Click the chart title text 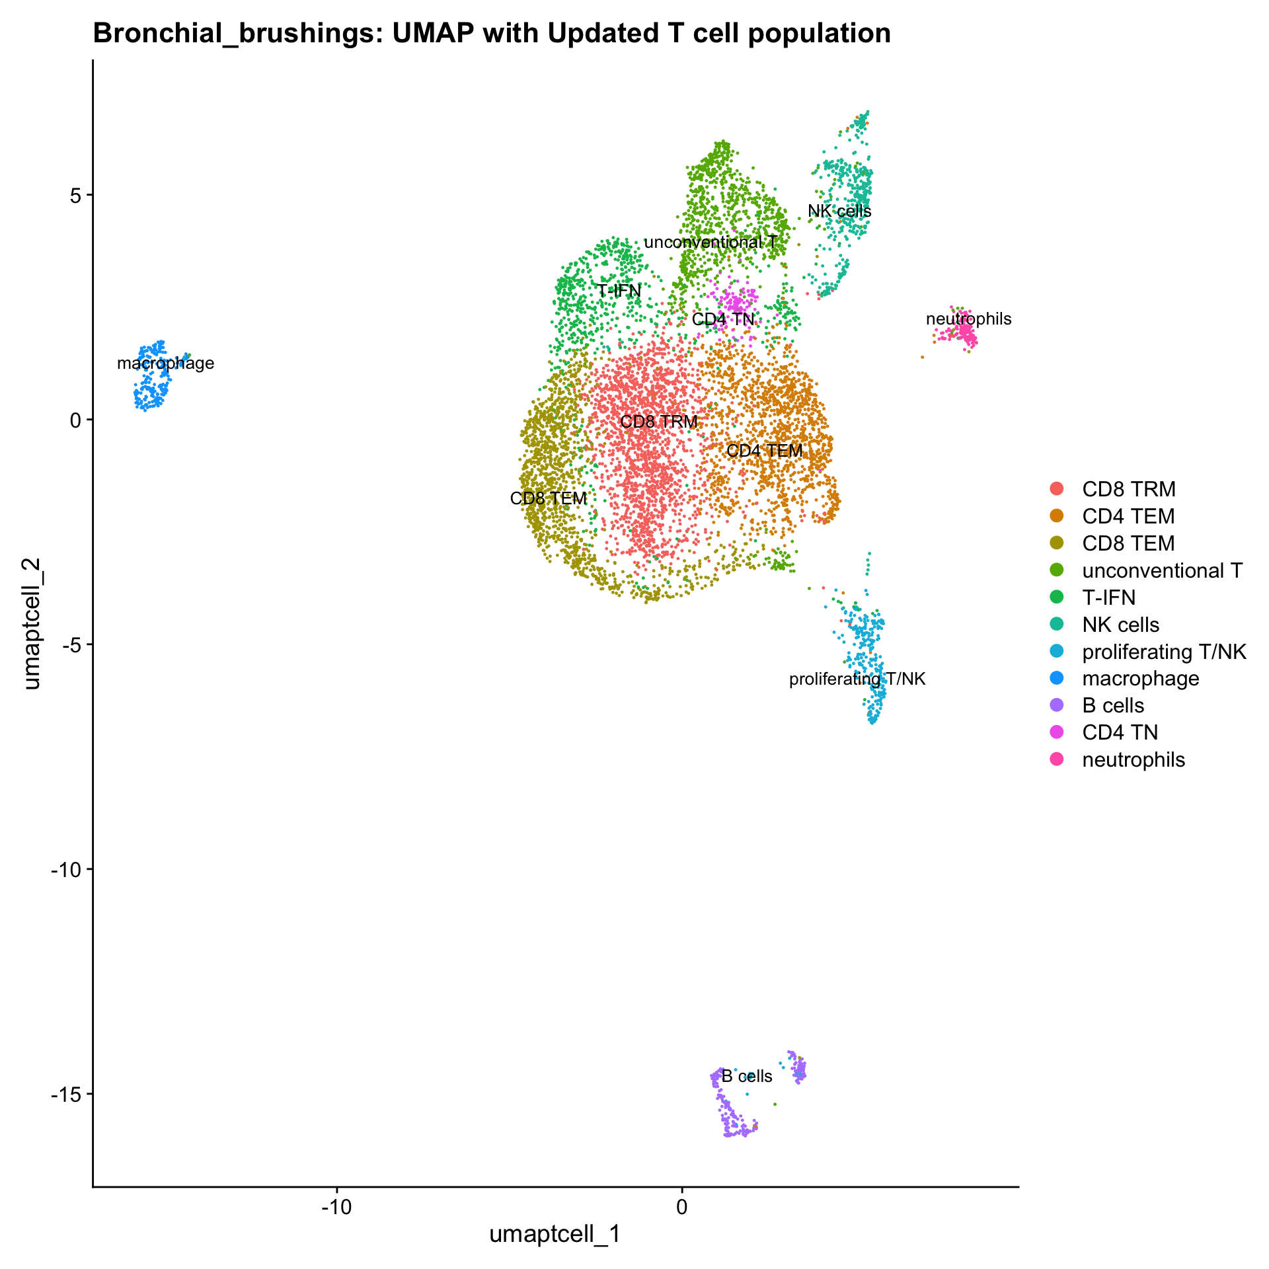[492, 33]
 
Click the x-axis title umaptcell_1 [555, 1234]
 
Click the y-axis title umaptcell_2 [31, 623]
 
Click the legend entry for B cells [1113, 705]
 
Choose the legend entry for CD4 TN [1120, 732]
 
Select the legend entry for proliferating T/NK [1163, 652]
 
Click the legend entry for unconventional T [1162, 570]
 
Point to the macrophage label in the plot [166, 363]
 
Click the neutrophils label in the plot [968, 319]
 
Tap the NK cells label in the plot [839, 211]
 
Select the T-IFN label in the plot [619, 291]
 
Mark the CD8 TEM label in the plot [549, 498]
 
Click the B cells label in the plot [747, 1076]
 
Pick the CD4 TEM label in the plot [765, 451]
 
